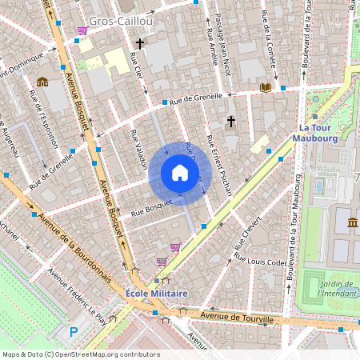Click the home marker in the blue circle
180,173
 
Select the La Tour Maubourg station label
317,132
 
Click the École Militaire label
157,294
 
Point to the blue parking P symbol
74,331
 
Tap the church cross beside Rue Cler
139,44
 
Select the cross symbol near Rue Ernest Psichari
231,122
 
